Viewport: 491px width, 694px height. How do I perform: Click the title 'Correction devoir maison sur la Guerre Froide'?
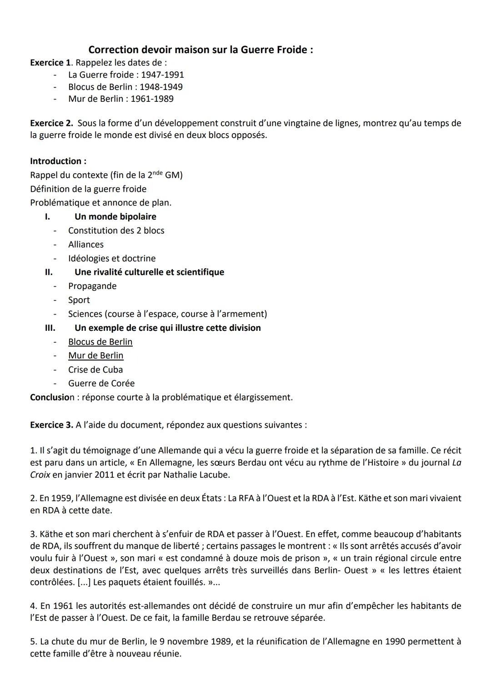[x=200, y=50]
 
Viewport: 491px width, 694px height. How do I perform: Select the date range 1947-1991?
[x=162, y=75]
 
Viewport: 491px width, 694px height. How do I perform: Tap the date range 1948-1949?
[x=161, y=87]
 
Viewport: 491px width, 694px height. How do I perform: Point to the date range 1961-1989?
[x=152, y=99]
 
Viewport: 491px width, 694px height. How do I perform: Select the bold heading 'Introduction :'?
[x=58, y=161]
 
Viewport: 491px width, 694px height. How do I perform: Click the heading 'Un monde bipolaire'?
[x=115, y=217]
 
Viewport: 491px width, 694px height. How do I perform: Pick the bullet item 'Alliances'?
[x=86, y=245]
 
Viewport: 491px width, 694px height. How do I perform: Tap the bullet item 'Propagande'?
[x=92, y=286]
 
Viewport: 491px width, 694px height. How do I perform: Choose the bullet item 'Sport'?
[x=79, y=300]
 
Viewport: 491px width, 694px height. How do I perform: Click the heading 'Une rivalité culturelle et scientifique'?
[x=149, y=272]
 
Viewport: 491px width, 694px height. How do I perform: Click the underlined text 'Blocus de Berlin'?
[x=100, y=342]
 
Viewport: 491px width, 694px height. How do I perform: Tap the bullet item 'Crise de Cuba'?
[x=95, y=369]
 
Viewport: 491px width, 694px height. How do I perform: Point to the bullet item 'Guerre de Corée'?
[x=101, y=383]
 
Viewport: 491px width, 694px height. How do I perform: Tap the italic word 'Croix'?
[x=40, y=475]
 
